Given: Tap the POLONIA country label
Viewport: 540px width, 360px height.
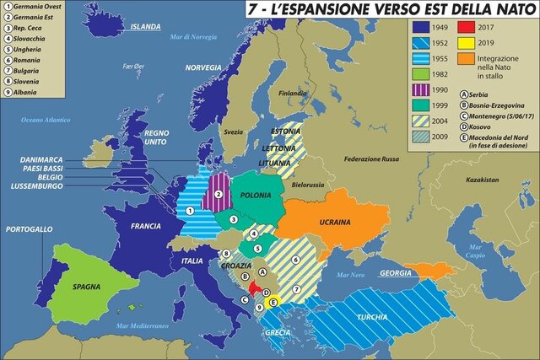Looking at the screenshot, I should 255,195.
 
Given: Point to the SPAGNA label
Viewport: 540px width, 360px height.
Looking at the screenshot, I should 83,287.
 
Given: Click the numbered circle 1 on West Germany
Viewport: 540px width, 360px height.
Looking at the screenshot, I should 191,210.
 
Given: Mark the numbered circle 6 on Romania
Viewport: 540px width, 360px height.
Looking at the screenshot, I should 296,261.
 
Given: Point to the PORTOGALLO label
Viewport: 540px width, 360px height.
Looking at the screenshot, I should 29,229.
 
